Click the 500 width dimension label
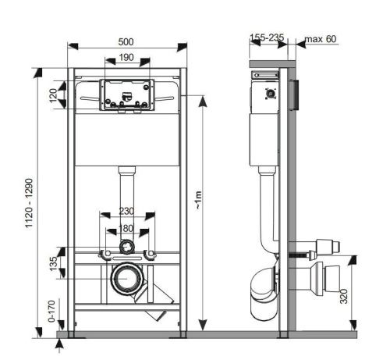coord(125,41)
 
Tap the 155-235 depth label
coord(267,37)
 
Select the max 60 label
coord(321,38)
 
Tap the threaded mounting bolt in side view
coord(300,254)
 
